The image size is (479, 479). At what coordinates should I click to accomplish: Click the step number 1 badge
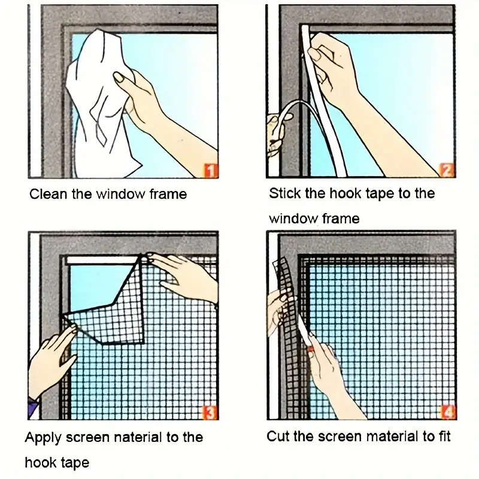210,171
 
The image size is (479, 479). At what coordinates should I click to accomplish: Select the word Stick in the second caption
283,193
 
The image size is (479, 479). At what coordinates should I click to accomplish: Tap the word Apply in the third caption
43,437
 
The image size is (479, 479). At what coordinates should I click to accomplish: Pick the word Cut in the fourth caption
277,436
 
